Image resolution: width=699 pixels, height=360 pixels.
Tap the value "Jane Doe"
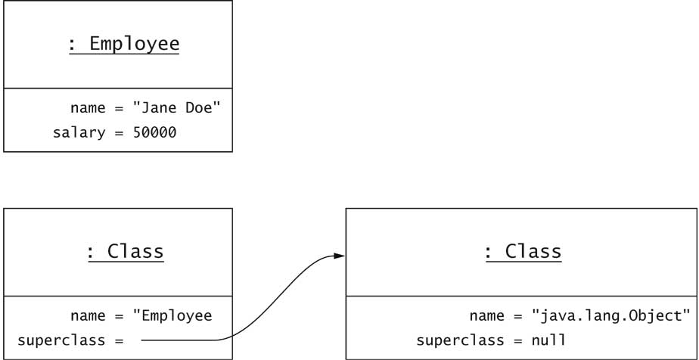(x=176, y=109)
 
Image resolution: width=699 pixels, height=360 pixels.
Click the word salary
(x=78, y=133)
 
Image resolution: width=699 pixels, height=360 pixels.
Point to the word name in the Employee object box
(x=88, y=109)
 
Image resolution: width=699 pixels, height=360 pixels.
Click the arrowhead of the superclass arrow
(x=338, y=256)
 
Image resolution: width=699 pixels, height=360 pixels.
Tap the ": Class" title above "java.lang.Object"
(x=523, y=251)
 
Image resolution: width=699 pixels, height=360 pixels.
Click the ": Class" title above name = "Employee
(x=125, y=251)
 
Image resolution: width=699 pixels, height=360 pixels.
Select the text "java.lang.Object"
(x=611, y=316)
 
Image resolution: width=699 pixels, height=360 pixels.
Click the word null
(x=548, y=340)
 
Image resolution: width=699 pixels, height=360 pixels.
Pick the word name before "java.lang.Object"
(x=486, y=316)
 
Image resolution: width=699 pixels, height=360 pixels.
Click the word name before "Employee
(x=88, y=316)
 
